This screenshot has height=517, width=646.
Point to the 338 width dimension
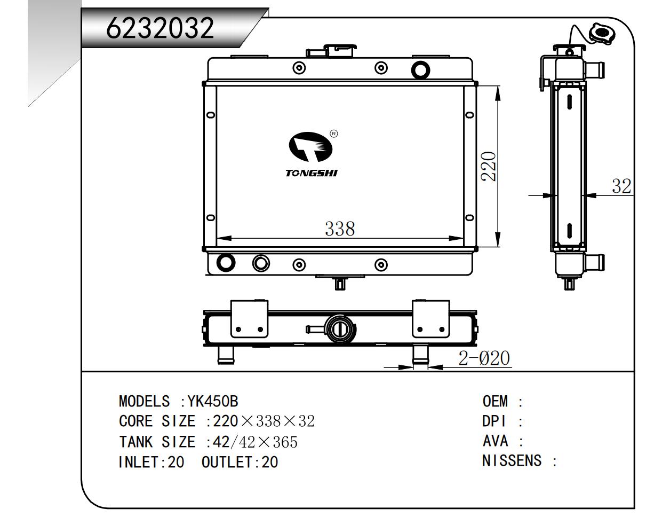point(340,229)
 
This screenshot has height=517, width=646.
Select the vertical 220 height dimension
point(489,166)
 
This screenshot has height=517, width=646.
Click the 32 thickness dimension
point(621,186)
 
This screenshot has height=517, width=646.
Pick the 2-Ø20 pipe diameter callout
point(484,358)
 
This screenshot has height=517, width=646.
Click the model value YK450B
point(217,401)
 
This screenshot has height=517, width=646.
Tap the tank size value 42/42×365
point(254,442)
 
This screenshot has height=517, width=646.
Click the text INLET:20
point(151,462)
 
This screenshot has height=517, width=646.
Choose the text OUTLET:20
point(240,462)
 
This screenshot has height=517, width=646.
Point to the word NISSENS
point(512,460)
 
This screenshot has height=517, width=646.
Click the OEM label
point(495,401)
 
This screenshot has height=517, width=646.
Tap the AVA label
point(495,441)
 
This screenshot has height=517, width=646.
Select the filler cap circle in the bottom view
point(338,329)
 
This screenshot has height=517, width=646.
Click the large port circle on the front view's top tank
point(420,69)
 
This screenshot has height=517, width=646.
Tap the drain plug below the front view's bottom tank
point(340,283)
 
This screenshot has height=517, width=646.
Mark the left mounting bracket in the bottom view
point(249,319)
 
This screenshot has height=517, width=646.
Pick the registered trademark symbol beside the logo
point(333,134)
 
